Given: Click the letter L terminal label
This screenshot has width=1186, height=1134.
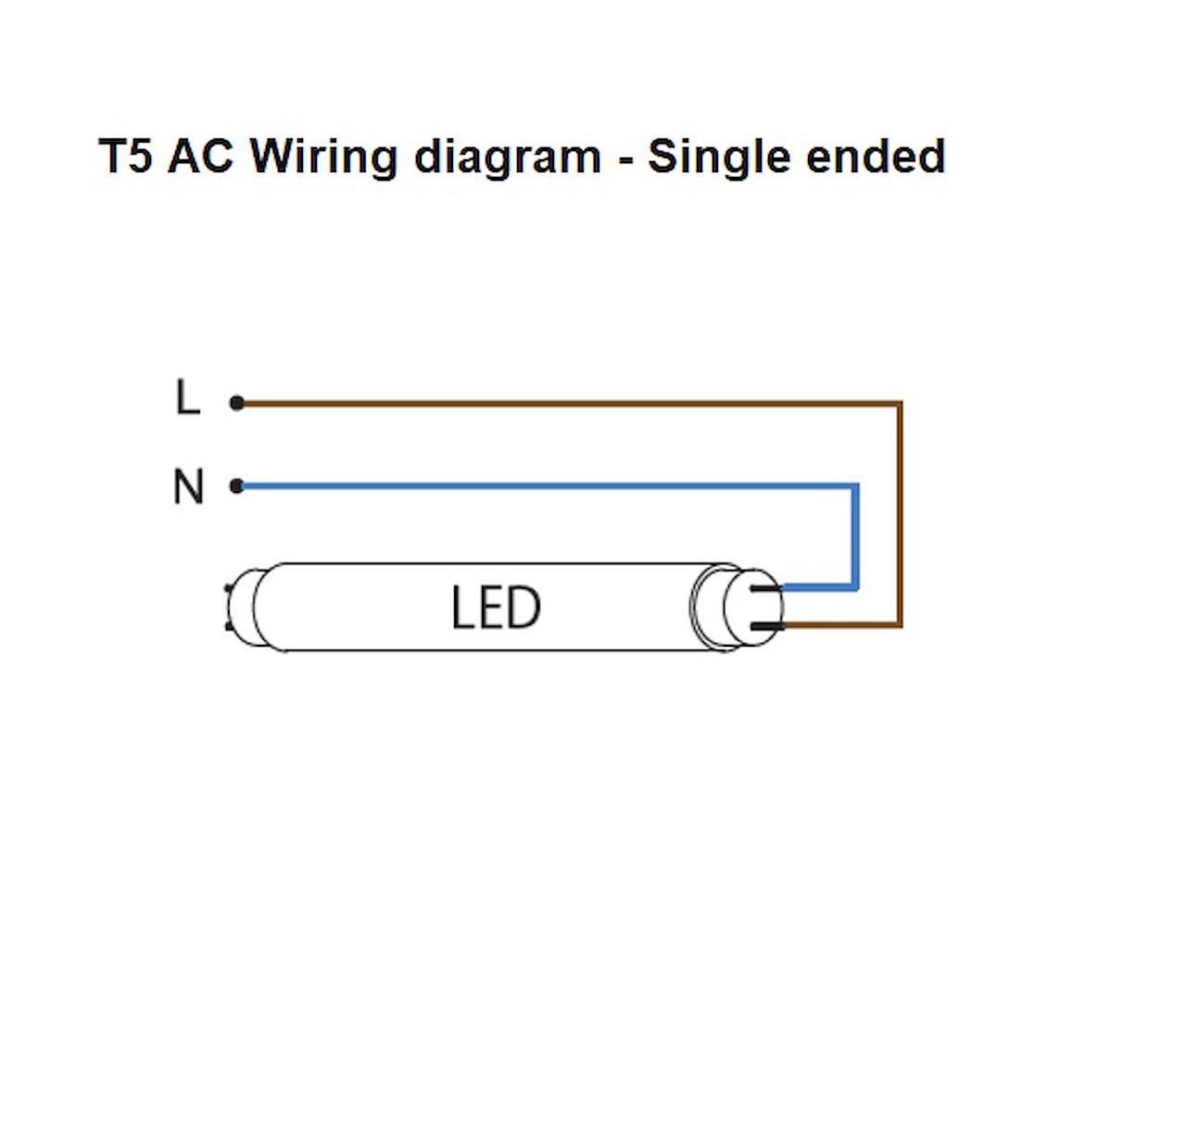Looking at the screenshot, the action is pyautogui.click(x=188, y=397).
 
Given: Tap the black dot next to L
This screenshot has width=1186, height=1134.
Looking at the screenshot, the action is pyautogui.click(x=237, y=403).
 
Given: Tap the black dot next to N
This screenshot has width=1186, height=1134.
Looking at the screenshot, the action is pyautogui.click(x=237, y=486).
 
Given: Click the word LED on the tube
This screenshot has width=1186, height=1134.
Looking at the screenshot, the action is pyautogui.click(x=496, y=608).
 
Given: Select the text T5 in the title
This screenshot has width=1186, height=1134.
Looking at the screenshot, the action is pyautogui.click(x=125, y=156).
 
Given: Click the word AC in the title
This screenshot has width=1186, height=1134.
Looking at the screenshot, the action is pyautogui.click(x=200, y=156).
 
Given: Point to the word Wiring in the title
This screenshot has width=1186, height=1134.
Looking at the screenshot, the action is pyautogui.click(x=324, y=158).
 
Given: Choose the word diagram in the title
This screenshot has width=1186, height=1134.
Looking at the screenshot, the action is pyautogui.click(x=508, y=158).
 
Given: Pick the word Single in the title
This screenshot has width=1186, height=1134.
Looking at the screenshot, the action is pyautogui.click(x=718, y=158).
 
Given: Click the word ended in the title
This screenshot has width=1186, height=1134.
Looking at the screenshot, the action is pyautogui.click(x=876, y=156).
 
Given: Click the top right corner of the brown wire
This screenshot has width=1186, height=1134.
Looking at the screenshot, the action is pyautogui.click(x=900, y=403).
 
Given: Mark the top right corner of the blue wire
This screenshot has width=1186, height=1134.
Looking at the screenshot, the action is pyautogui.click(x=855, y=486).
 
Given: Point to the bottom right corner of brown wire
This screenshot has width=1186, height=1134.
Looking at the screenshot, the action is pyautogui.click(x=900, y=624).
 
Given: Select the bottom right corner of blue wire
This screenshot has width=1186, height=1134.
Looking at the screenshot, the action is pyautogui.click(x=855, y=587).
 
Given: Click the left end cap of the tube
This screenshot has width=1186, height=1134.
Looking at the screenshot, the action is pyautogui.click(x=243, y=607).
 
